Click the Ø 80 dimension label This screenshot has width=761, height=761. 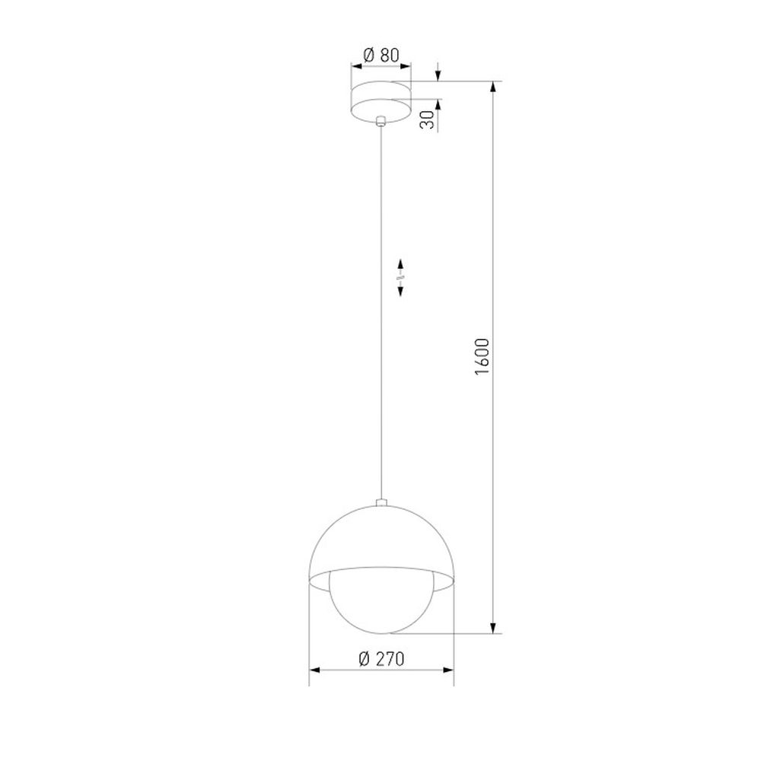(x=381, y=56)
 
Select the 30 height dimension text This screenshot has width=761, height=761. (x=427, y=119)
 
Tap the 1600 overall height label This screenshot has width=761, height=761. (x=482, y=357)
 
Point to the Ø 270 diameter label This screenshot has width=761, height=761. (x=381, y=658)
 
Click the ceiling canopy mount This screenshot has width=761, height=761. (x=381, y=100)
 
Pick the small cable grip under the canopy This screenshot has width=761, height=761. (x=381, y=121)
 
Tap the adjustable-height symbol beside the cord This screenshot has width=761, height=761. (x=401, y=278)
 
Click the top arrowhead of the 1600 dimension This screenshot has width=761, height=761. (x=494, y=88)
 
